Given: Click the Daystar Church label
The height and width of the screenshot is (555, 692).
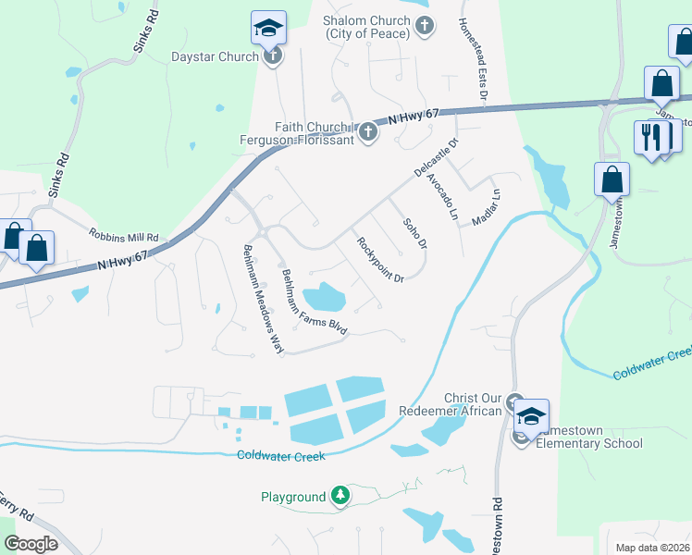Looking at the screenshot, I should click(x=214, y=56).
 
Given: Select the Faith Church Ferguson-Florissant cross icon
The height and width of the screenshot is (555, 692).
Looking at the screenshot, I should click(x=367, y=131).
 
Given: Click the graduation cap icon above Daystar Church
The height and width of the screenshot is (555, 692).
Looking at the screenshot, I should click(x=268, y=29).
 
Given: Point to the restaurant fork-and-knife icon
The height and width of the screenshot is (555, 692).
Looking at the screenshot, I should click(x=652, y=137).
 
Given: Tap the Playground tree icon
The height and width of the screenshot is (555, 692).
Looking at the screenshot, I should click(x=340, y=497).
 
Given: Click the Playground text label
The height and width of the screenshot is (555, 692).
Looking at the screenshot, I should click(x=292, y=498).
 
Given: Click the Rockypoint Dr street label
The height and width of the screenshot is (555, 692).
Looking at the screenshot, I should click(x=380, y=259).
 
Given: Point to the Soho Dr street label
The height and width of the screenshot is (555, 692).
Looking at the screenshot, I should click(x=414, y=233).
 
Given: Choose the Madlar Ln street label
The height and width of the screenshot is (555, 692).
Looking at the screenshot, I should click(x=486, y=208).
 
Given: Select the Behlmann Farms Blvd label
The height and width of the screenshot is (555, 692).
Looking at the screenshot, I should click(x=314, y=302).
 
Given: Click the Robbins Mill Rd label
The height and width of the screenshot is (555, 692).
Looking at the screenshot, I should click(x=124, y=236).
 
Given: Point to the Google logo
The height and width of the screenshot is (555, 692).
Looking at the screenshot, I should click(x=31, y=544).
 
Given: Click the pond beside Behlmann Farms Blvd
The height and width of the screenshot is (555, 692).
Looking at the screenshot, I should click(x=324, y=297).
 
